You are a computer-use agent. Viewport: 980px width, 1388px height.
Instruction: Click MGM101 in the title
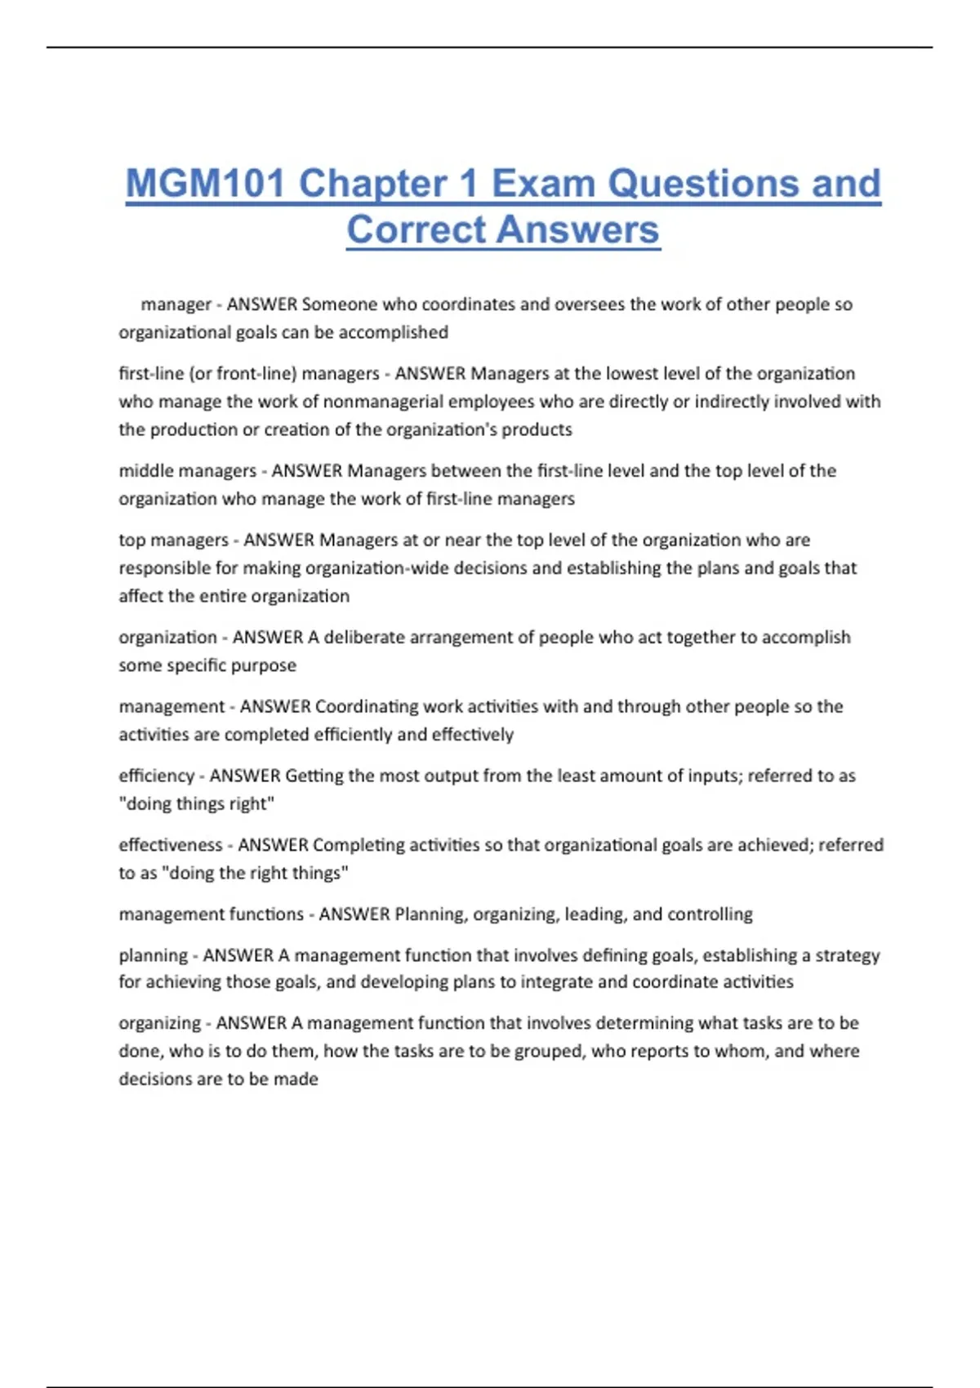click(x=206, y=184)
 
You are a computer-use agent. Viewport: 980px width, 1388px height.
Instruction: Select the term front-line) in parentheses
click(x=256, y=374)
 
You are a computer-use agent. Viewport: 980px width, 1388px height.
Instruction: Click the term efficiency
click(x=157, y=776)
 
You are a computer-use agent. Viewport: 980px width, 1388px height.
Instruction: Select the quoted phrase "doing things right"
click(x=197, y=804)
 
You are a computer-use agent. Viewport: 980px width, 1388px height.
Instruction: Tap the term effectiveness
click(x=171, y=845)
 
